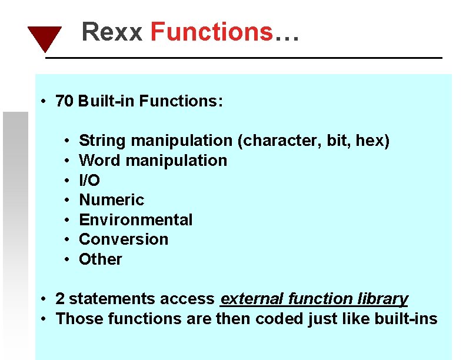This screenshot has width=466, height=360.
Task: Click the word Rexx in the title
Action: [112, 32]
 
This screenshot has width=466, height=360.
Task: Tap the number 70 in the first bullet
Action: [64, 101]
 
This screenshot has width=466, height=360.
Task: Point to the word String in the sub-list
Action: [102, 141]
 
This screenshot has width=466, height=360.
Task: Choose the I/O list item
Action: [89, 181]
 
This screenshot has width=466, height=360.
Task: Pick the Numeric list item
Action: [111, 200]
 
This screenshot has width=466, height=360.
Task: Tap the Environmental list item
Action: [135, 220]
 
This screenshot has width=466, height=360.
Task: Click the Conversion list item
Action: [124, 239]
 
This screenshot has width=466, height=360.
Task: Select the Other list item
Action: [101, 259]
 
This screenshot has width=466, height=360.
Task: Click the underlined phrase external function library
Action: [314, 299]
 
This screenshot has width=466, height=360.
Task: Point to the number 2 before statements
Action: [59, 299]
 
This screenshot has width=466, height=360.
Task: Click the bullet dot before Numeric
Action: [68, 201]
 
